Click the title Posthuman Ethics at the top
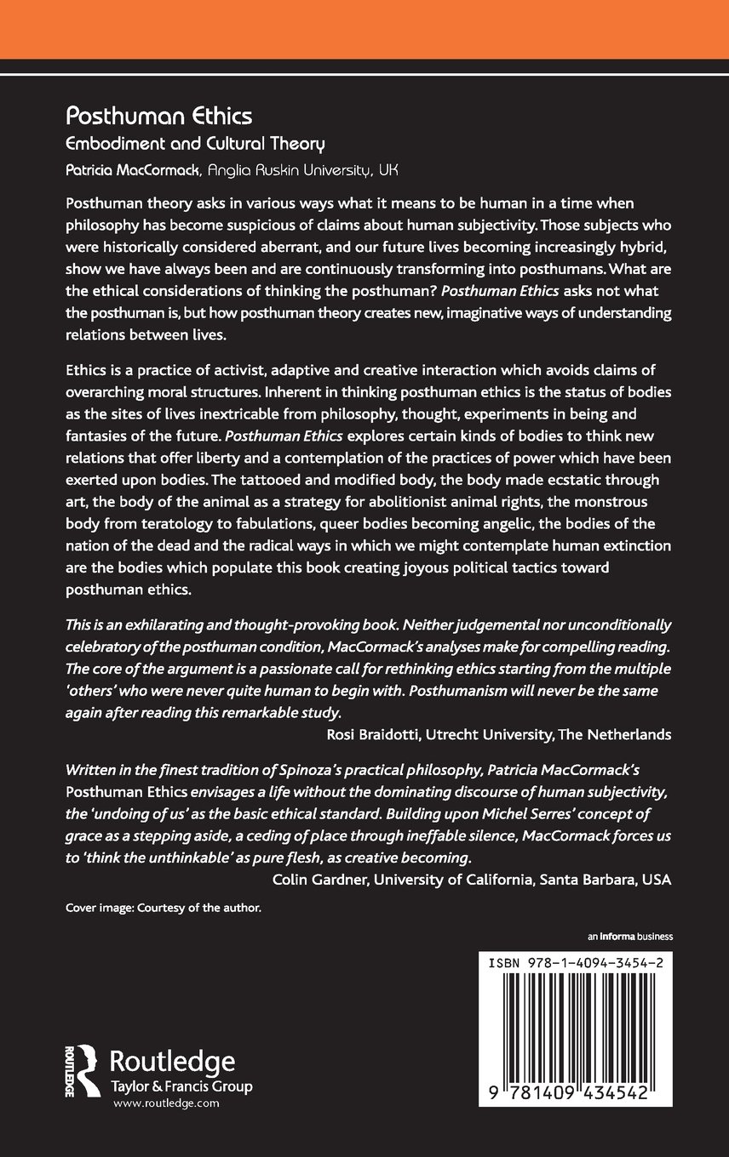[x=158, y=115]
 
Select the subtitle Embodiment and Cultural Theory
[x=197, y=144]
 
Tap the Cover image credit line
[x=163, y=908]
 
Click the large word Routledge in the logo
[x=174, y=1061]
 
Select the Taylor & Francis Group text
[x=182, y=1087]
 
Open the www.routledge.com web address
[x=166, y=1103]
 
